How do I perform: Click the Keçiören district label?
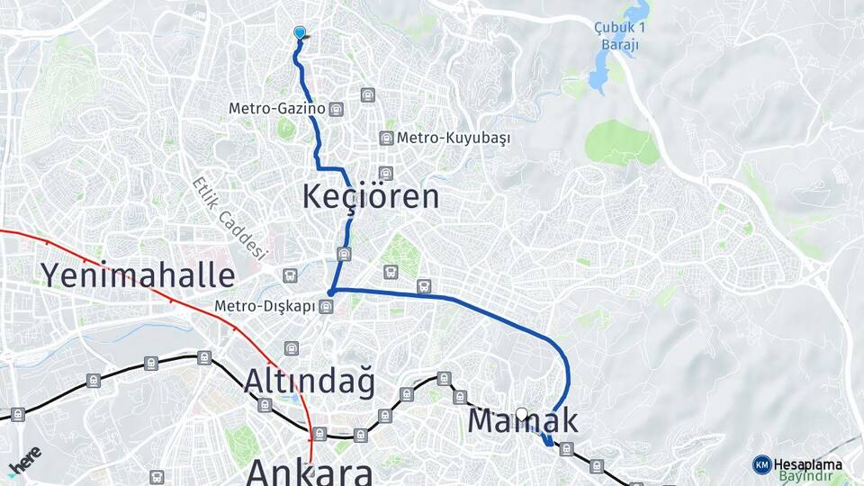point(371,196)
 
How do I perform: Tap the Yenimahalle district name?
point(138,274)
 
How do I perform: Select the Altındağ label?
point(309,382)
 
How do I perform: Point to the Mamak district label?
point(522,420)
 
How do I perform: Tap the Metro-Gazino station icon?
point(337,109)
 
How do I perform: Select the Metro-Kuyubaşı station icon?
point(386,138)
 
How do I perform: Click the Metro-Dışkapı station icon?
point(326,307)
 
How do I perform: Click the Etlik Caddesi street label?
point(230,217)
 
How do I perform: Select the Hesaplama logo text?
point(808,464)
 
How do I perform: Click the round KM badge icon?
point(761,464)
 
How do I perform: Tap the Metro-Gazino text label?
point(275,109)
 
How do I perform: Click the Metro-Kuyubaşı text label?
point(454,139)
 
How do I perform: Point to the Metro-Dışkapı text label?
point(265,307)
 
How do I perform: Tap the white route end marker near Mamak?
point(521,415)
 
